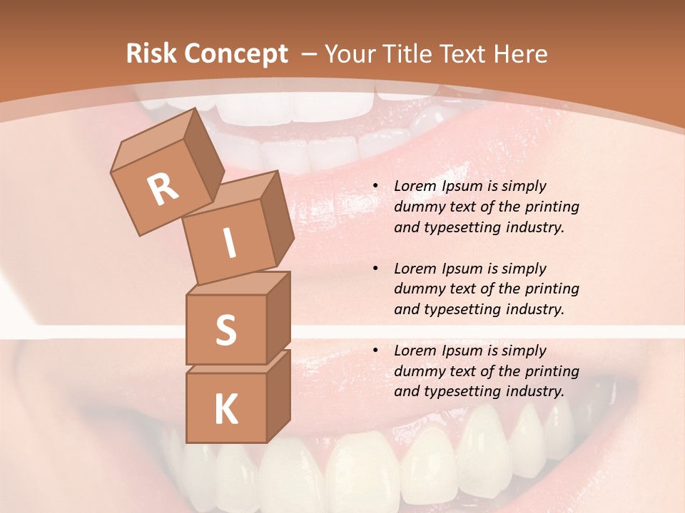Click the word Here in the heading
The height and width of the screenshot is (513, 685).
(x=519, y=54)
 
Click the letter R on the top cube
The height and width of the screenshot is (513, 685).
(x=163, y=189)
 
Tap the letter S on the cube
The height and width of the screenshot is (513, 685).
(x=225, y=331)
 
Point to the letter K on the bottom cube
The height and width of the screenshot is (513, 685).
(x=225, y=410)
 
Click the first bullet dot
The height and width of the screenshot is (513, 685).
(x=375, y=187)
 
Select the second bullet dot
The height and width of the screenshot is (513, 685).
(x=375, y=269)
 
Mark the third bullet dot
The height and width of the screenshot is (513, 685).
(x=375, y=351)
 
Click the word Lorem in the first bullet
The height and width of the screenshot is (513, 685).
(x=415, y=186)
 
